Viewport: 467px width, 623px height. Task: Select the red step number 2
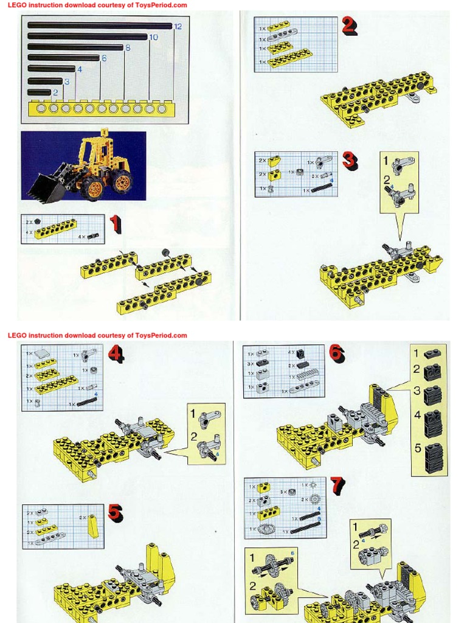(348, 26)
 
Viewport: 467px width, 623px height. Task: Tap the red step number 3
(349, 161)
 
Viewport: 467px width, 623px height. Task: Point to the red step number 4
(115, 355)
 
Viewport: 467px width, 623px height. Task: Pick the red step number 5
(115, 513)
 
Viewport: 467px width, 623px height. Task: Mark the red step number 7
(337, 486)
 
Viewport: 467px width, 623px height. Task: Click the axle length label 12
(178, 26)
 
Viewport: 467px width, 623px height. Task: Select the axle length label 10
(153, 37)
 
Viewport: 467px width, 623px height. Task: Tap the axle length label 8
(128, 47)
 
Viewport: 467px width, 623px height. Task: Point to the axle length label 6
(104, 58)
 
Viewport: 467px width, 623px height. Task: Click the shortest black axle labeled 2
(40, 92)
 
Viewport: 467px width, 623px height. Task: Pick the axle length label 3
(66, 82)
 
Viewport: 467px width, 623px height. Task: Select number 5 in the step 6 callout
(418, 449)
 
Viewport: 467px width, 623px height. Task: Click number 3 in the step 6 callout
(417, 391)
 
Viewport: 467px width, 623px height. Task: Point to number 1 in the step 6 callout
(417, 353)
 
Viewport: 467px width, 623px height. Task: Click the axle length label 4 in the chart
(79, 69)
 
